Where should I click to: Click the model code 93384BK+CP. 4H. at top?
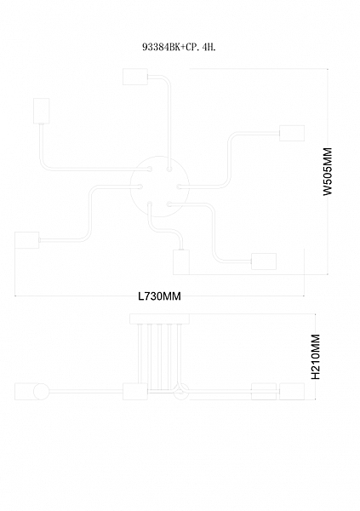click(x=179, y=47)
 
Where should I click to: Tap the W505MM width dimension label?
click(x=328, y=171)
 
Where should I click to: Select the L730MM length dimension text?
click(x=160, y=296)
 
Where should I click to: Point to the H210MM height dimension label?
click(x=316, y=357)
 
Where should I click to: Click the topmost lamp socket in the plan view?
click(x=135, y=77)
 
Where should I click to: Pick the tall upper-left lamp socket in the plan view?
click(x=42, y=111)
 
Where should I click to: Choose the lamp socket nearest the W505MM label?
click(x=292, y=134)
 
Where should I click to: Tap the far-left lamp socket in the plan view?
click(x=27, y=240)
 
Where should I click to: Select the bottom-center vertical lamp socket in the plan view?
click(x=181, y=262)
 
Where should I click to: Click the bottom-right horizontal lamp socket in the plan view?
click(x=264, y=261)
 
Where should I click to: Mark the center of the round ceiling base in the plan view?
click(x=160, y=187)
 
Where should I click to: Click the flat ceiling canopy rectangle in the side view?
click(x=160, y=319)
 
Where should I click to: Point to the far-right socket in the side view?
click(x=292, y=392)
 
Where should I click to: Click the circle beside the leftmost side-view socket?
click(x=42, y=392)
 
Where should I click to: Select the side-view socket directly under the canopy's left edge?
click(x=135, y=392)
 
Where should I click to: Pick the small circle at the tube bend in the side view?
click(x=181, y=392)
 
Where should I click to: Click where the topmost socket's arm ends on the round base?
click(x=169, y=169)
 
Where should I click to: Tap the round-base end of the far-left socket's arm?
click(x=140, y=187)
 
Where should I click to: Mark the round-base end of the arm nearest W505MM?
click(x=180, y=187)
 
